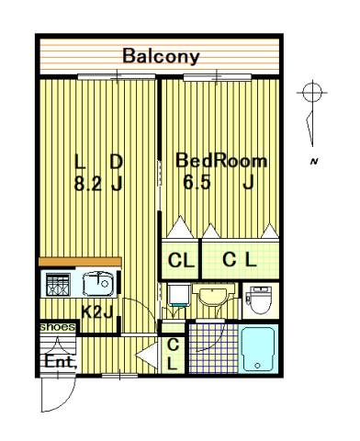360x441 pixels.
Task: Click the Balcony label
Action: tap(161, 57)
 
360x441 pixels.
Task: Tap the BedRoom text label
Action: tap(221, 161)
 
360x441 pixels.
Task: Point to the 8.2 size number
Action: tap(88, 184)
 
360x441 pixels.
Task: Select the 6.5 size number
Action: tap(197, 183)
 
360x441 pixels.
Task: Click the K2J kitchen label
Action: tap(97, 312)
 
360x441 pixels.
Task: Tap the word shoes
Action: tap(58, 327)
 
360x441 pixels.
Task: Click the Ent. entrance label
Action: tap(61, 362)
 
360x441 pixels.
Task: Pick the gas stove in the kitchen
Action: tap(58, 285)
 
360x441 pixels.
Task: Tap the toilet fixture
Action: tap(260, 299)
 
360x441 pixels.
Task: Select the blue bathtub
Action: tap(258, 348)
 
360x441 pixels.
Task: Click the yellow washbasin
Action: tap(213, 296)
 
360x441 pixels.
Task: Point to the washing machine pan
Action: tap(179, 295)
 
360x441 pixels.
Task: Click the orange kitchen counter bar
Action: tap(80, 262)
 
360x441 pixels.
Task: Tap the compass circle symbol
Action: tap(312, 92)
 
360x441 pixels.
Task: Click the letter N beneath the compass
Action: tap(313, 161)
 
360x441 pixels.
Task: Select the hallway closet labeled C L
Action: tap(173, 355)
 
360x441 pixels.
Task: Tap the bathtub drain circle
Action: tap(258, 366)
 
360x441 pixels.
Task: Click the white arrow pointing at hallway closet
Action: tap(147, 356)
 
